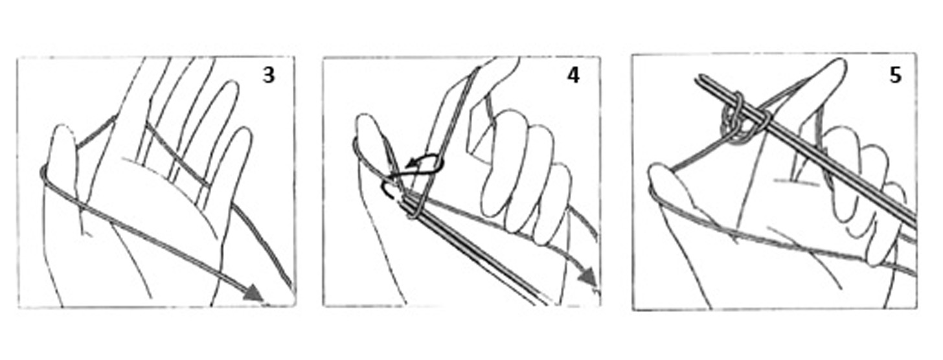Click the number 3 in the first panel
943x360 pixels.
[x=269, y=75]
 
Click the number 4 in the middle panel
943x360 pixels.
[x=573, y=75]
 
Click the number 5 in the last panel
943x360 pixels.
[x=895, y=75]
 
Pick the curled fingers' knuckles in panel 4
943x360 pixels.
[x=526, y=177]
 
